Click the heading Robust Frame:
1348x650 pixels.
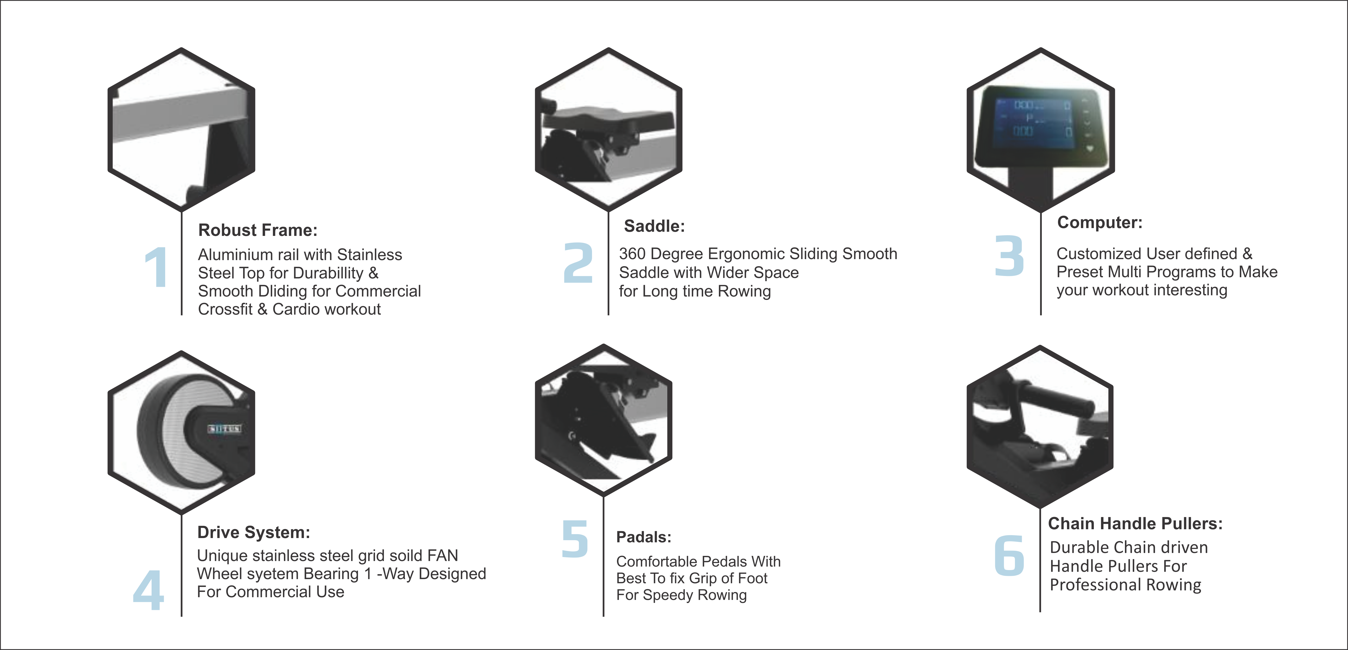[258, 230]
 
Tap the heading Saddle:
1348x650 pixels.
[654, 226]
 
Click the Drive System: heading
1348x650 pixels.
[253, 532]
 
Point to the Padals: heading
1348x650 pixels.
[644, 537]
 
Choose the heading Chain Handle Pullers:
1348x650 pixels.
[1135, 523]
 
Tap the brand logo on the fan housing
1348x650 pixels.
[225, 429]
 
